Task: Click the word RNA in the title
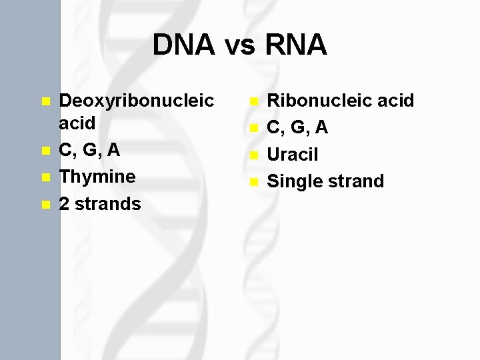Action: pos(295,45)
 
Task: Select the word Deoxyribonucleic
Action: pos(137,101)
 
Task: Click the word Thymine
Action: pos(97,177)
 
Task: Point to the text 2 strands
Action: pos(100,203)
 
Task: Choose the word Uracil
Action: pos(293,155)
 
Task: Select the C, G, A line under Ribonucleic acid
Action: pos(297,127)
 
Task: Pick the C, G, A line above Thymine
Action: pos(89,150)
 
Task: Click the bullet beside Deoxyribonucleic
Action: pos(45,102)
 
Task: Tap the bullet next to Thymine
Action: pos(45,178)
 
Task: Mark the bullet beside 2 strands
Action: pos(45,205)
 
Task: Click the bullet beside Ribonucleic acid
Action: pos(253,102)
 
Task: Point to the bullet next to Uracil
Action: pos(253,156)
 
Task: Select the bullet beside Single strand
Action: pos(253,182)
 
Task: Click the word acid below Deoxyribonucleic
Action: pos(77,123)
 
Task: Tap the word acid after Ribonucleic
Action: pos(395,101)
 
